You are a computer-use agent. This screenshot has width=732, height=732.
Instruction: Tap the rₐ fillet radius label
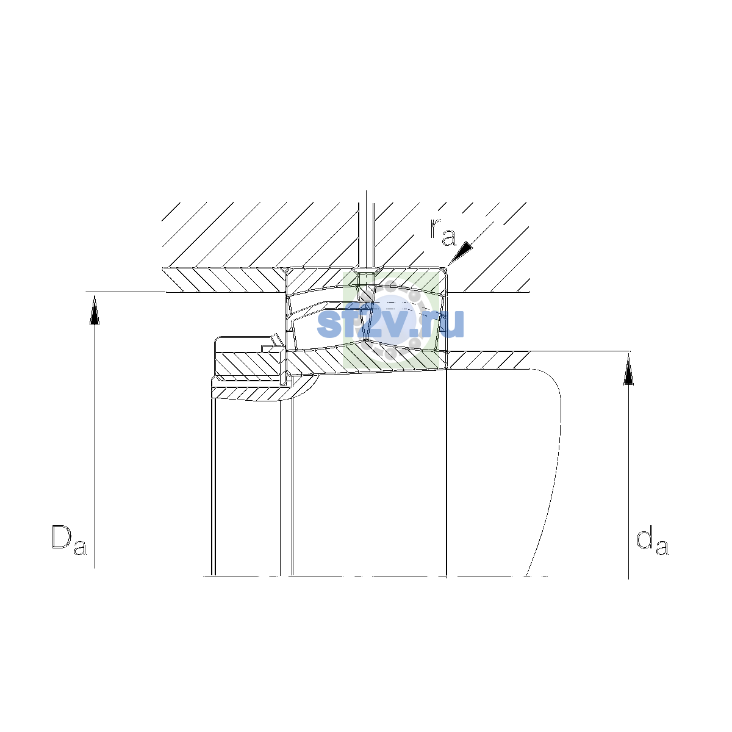[x=443, y=232]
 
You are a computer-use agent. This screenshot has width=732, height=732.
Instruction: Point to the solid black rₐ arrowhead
[x=462, y=253]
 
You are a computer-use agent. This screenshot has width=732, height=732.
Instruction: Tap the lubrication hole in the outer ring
[x=366, y=278]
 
